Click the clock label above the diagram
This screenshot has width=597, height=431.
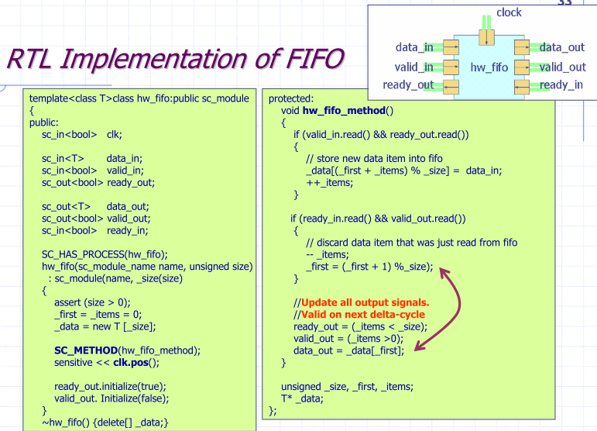(508, 12)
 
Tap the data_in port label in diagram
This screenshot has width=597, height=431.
(414, 48)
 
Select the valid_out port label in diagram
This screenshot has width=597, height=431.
(562, 67)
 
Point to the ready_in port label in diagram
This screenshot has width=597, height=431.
(561, 84)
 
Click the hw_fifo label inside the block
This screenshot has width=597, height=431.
(489, 67)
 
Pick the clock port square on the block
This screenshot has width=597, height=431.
(486, 36)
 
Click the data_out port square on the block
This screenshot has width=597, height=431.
(522, 48)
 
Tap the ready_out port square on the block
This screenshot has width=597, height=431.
(450, 84)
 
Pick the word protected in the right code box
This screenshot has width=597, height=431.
(292, 98)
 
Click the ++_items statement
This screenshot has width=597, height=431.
(329, 182)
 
